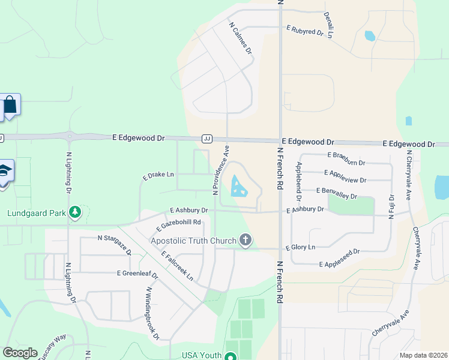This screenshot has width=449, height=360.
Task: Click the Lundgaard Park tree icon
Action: tap(74, 212)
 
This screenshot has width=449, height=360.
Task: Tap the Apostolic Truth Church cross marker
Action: tap(245, 241)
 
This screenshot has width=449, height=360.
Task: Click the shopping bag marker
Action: tap(10, 105)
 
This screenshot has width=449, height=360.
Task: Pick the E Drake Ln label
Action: tap(158, 175)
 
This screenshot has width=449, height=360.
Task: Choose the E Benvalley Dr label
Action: tap(336, 193)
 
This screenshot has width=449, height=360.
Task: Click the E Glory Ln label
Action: tap(300, 247)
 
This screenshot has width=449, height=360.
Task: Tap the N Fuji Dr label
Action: tap(391, 206)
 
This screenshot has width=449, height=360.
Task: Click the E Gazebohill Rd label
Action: tap(178, 225)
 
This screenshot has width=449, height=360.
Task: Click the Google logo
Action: tap(20, 353)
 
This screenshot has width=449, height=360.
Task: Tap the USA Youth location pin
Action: tap(229, 356)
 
